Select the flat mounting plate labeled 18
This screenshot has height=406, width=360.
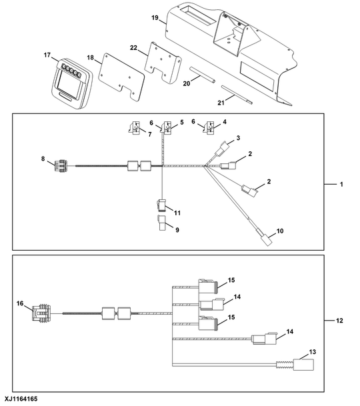click(x=121, y=77)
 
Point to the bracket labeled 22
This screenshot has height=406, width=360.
click(x=163, y=63)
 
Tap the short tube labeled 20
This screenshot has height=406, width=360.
click(x=202, y=75)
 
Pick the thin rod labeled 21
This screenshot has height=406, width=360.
click(x=237, y=95)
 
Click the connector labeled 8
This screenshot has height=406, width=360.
click(x=61, y=166)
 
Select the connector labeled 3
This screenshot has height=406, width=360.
click(x=223, y=149)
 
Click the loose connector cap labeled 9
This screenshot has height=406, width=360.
click(x=162, y=223)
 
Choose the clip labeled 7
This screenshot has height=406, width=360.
click(x=135, y=128)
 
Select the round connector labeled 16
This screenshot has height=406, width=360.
click(x=41, y=313)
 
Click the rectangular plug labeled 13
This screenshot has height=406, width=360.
click(x=303, y=365)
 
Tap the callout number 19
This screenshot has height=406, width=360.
click(x=155, y=18)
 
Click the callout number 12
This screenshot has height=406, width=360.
click(x=339, y=321)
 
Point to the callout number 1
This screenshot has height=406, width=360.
click(x=341, y=185)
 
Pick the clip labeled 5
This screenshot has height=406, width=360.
click(x=166, y=128)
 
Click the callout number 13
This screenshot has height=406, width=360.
click(x=313, y=352)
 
